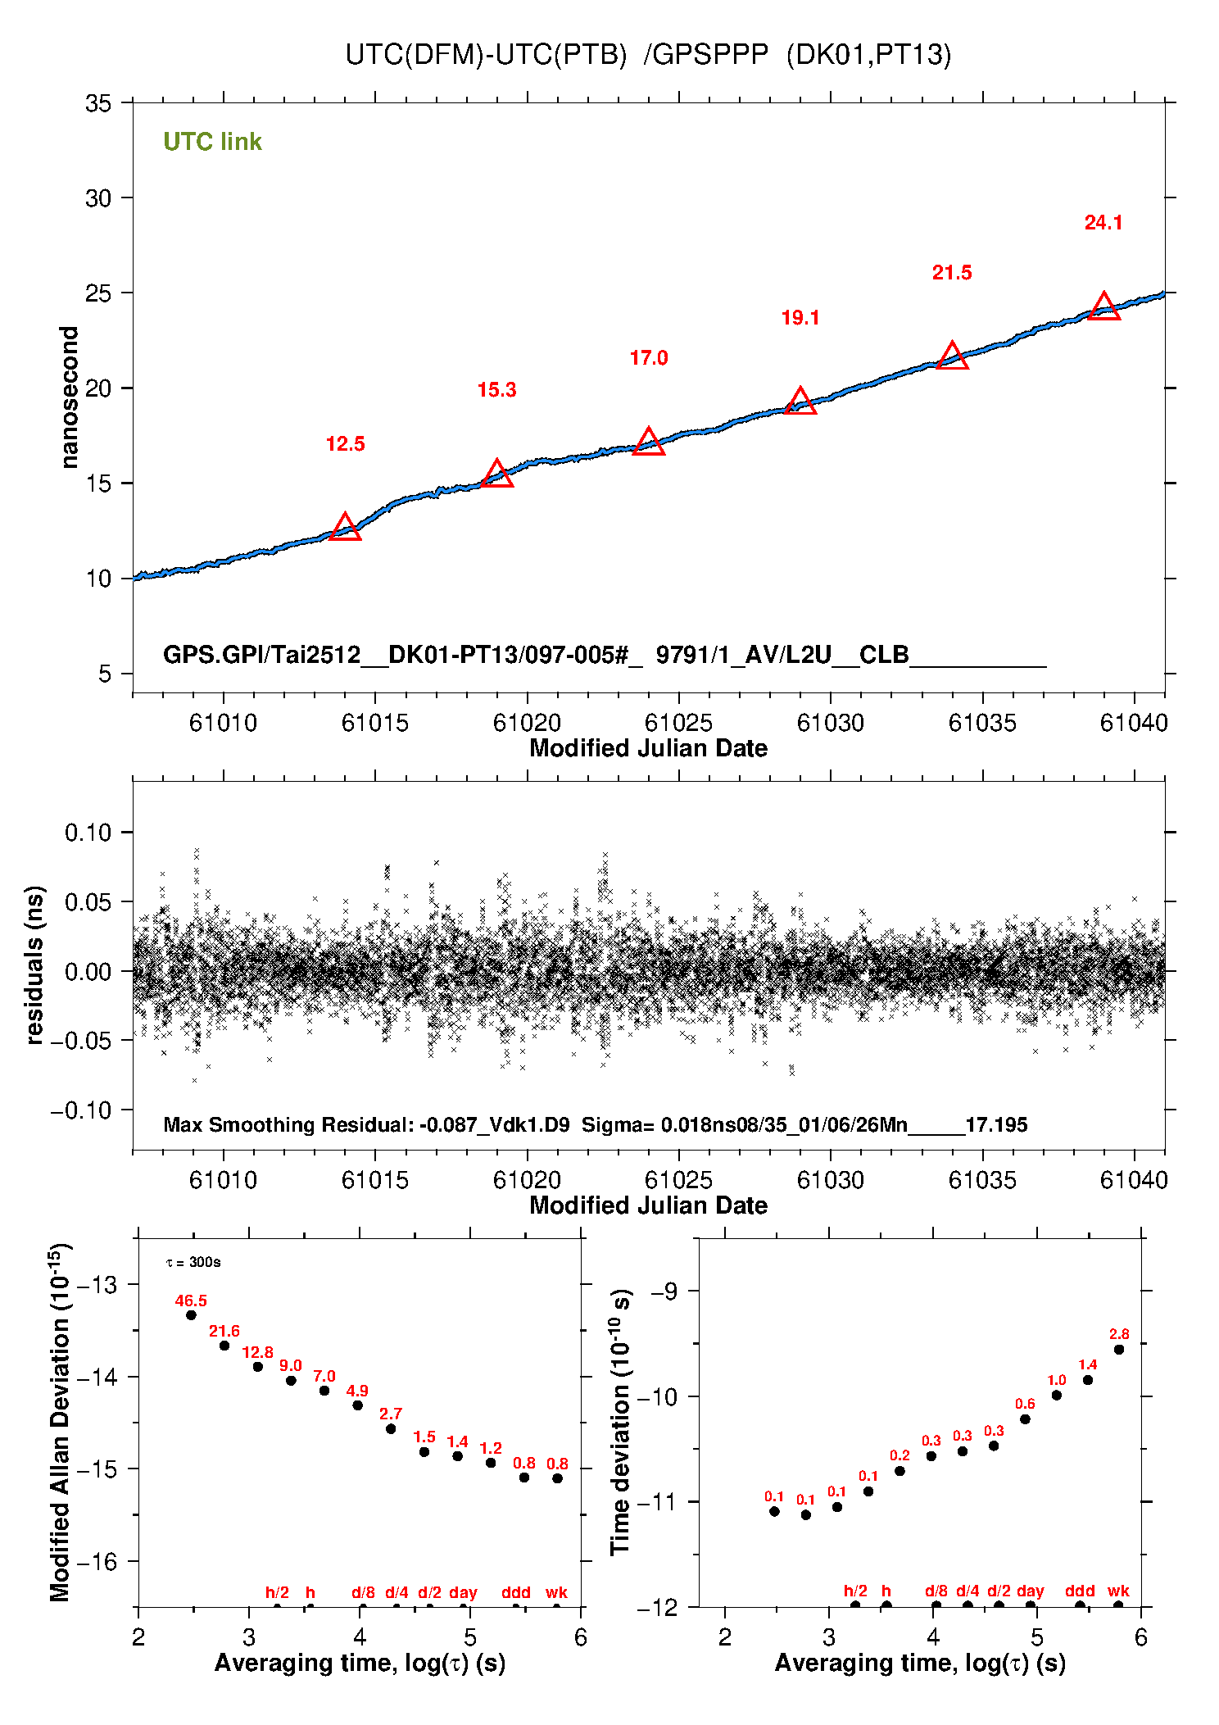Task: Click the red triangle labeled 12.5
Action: click(x=345, y=527)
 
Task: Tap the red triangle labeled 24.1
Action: click(x=1103, y=306)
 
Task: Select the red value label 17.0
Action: click(x=648, y=358)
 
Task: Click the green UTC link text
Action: click(x=212, y=142)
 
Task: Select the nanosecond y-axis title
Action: click(x=70, y=397)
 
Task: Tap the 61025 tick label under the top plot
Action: click(x=678, y=723)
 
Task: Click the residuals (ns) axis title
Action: click(x=34, y=965)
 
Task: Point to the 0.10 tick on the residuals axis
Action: click(x=88, y=833)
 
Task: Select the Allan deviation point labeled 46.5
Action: click(x=191, y=1315)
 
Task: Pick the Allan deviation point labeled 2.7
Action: click(x=391, y=1429)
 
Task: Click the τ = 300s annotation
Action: click(x=193, y=1263)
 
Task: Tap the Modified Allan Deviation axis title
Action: click(x=60, y=1423)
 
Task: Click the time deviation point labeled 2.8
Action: click(x=1119, y=1350)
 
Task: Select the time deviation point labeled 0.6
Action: click(x=1025, y=1419)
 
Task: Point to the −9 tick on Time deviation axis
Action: click(x=664, y=1291)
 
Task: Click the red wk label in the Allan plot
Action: click(x=556, y=1592)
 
